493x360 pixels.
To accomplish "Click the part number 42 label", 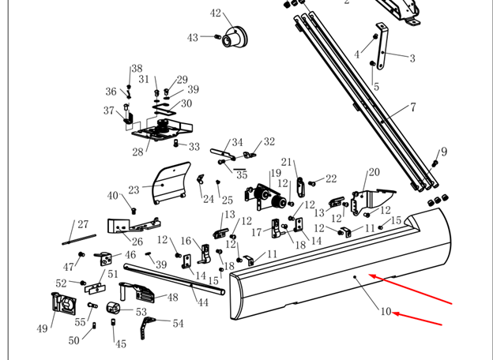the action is click(x=216, y=13).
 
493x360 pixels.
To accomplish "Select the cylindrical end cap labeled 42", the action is click(x=235, y=37).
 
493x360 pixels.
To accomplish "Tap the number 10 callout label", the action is click(x=386, y=311).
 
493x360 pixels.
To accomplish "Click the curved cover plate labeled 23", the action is click(x=171, y=183).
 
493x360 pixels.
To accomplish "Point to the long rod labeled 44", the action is click(x=174, y=279).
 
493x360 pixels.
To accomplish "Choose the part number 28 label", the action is click(x=137, y=152).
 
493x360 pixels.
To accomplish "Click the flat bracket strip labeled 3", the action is click(x=382, y=46).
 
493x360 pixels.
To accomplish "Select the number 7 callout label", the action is click(x=413, y=107).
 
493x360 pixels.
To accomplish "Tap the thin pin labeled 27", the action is click(x=79, y=239).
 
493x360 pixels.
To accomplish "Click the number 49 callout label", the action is click(x=42, y=328).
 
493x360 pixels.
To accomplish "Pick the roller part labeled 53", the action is click(x=113, y=308).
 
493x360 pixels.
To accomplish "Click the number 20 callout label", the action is click(x=374, y=172).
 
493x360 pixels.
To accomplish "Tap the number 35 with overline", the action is click(x=241, y=174).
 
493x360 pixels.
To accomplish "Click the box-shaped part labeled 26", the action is click(x=134, y=226).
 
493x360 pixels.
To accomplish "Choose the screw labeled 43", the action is click(x=217, y=37).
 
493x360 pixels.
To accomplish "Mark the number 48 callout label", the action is click(x=172, y=297).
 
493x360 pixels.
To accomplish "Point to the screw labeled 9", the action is click(x=435, y=163).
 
